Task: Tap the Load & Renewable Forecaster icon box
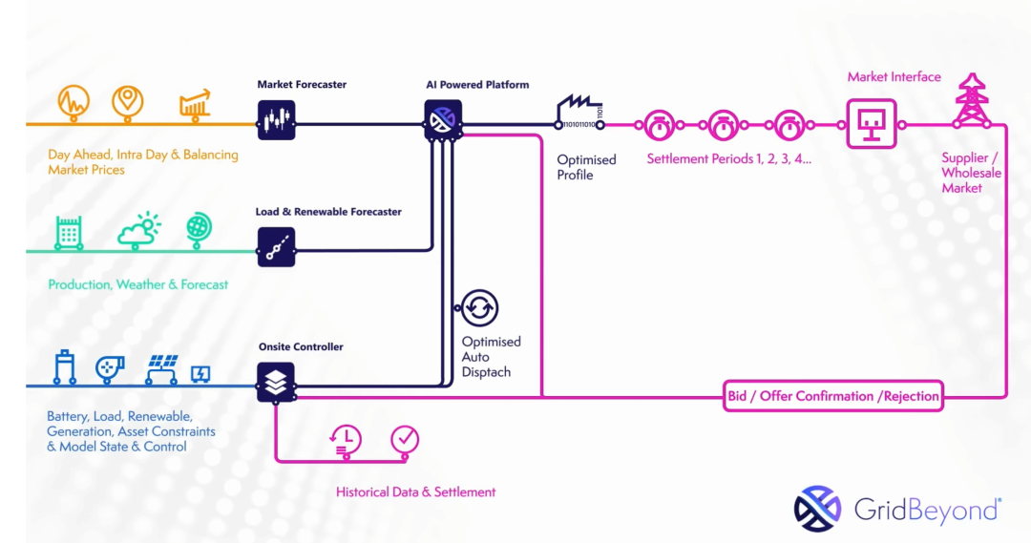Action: (x=276, y=247)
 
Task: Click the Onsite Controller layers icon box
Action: (x=276, y=382)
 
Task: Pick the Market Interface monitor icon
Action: (x=873, y=123)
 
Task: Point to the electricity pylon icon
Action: (x=972, y=100)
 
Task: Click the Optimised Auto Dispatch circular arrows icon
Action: (x=480, y=308)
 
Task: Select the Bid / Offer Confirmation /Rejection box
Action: (x=833, y=396)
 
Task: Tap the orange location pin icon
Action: (x=127, y=101)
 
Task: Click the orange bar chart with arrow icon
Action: (x=194, y=104)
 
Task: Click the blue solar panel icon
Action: (x=162, y=368)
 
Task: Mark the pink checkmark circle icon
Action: (x=405, y=439)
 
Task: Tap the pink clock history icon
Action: (x=345, y=438)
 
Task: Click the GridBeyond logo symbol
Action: (x=817, y=509)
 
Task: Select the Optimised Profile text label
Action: (x=586, y=167)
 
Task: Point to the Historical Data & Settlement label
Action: (x=416, y=492)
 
